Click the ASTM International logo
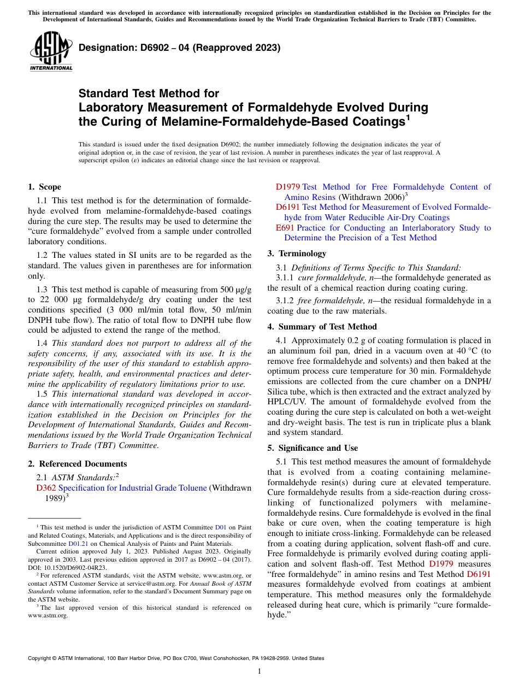click(x=51, y=51)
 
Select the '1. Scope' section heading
click(x=44, y=187)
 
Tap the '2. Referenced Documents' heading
click(x=77, y=464)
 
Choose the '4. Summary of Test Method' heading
click(x=322, y=327)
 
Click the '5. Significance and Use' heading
click(x=312, y=448)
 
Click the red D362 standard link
click(x=46, y=488)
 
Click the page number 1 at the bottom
click(x=259, y=672)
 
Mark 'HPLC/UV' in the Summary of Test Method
click(x=282, y=392)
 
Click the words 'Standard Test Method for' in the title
click(x=149, y=93)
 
